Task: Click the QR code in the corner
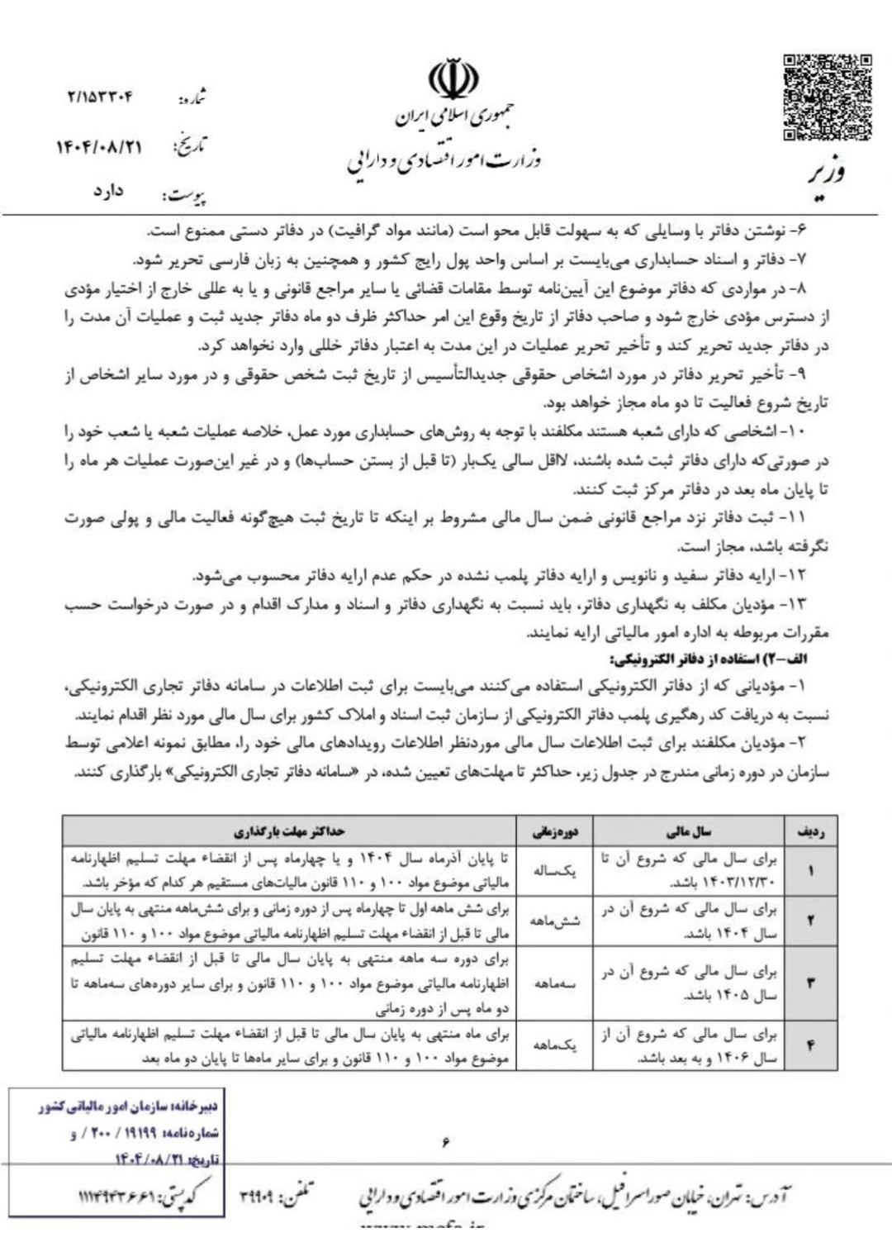pyautogui.click(x=827, y=96)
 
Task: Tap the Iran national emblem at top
pyautogui.click(x=453, y=79)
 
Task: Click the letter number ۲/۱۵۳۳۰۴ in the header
pyautogui.click(x=100, y=98)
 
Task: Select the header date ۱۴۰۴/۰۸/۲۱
pyautogui.click(x=99, y=147)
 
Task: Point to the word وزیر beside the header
pyautogui.click(x=827, y=174)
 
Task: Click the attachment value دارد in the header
pyautogui.click(x=108, y=192)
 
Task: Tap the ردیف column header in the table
pyautogui.click(x=810, y=831)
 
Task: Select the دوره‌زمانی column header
pyautogui.click(x=555, y=831)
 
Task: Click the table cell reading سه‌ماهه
pyautogui.click(x=555, y=983)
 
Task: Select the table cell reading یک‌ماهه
pyautogui.click(x=555, y=1045)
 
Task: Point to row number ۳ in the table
pyautogui.click(x=810, y=983)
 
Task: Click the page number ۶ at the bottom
pyautogui.click(x=445, y=1143)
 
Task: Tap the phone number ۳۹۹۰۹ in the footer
pyautogui.click(x=263, y=1195)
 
